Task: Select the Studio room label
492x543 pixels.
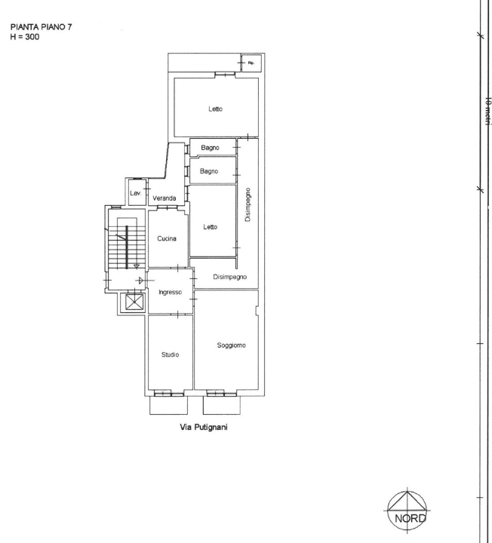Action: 170,354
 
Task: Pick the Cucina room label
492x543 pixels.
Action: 166,239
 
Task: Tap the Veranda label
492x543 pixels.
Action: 165,198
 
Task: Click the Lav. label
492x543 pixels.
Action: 136,194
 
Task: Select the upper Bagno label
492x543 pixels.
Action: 209,148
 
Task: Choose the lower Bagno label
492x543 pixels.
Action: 209,171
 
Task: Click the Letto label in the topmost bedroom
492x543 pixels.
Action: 215,109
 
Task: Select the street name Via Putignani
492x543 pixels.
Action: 201,427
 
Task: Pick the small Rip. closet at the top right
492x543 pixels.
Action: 250,64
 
